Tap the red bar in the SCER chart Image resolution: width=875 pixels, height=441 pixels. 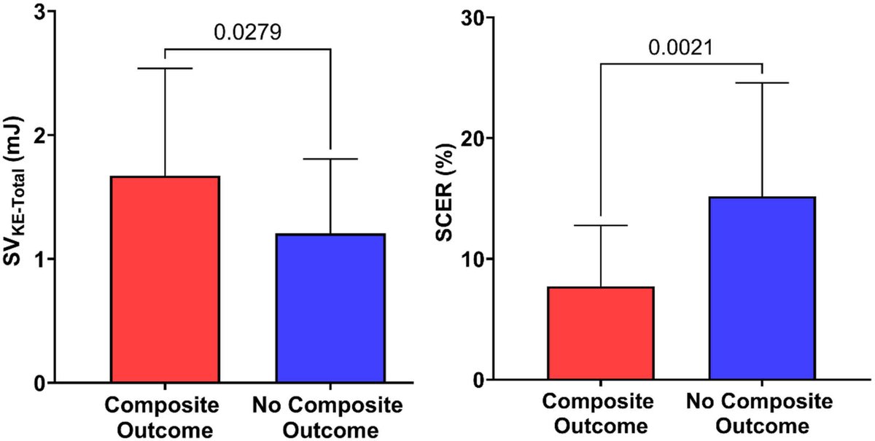click(601, 333)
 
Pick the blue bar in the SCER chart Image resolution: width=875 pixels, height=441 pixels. click(762, 288)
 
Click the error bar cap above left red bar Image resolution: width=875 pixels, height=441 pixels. click(165, 69)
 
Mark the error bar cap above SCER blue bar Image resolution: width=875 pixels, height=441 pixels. click(762, 83)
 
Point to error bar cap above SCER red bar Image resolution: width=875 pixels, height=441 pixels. click(601, 225)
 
